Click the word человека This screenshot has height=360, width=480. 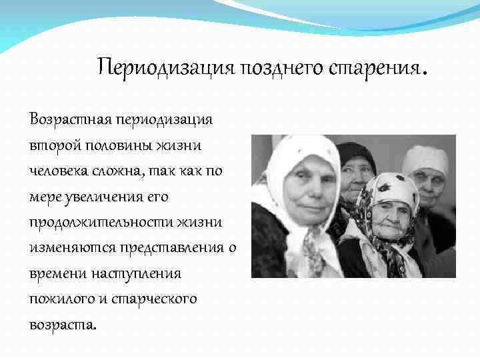(x=59, y=171)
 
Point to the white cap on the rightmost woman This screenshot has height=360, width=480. (x=425, y=157)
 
